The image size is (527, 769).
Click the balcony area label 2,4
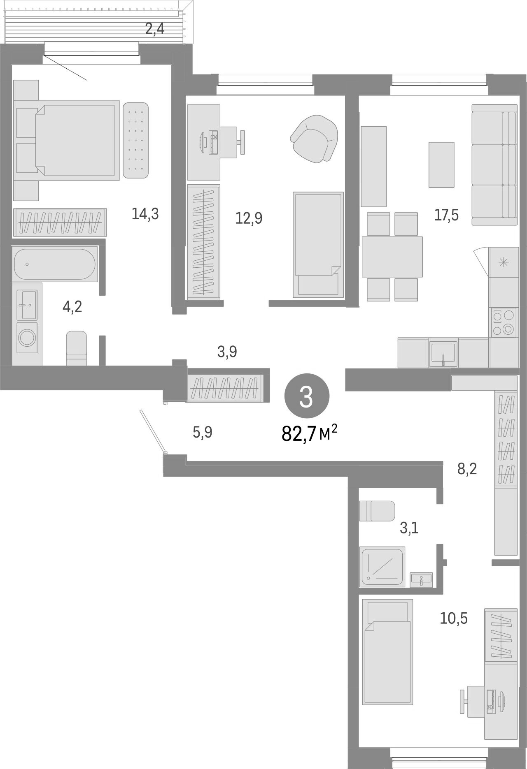(x=155, y=29)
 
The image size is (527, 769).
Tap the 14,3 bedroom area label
(x=145, y=214)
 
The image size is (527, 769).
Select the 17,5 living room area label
(x=446, y=215)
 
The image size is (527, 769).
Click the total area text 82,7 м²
(x=309, y=433)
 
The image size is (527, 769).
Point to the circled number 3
(x=307, y=396)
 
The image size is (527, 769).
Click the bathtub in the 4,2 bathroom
(x=55, y=264)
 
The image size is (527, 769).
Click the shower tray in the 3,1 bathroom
(x=382, y=566)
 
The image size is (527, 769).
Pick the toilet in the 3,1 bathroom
(x=377, y=511)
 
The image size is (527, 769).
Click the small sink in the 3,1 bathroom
(x=421, y=579)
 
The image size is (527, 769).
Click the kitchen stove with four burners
(x=504, y=322)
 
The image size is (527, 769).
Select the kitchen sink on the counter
(x=443, y=353)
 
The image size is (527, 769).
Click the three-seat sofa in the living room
(x=494, y=164)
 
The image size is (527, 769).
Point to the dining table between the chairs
(x=392, y=257)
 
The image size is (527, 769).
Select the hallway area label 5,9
(x=202, y=432)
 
